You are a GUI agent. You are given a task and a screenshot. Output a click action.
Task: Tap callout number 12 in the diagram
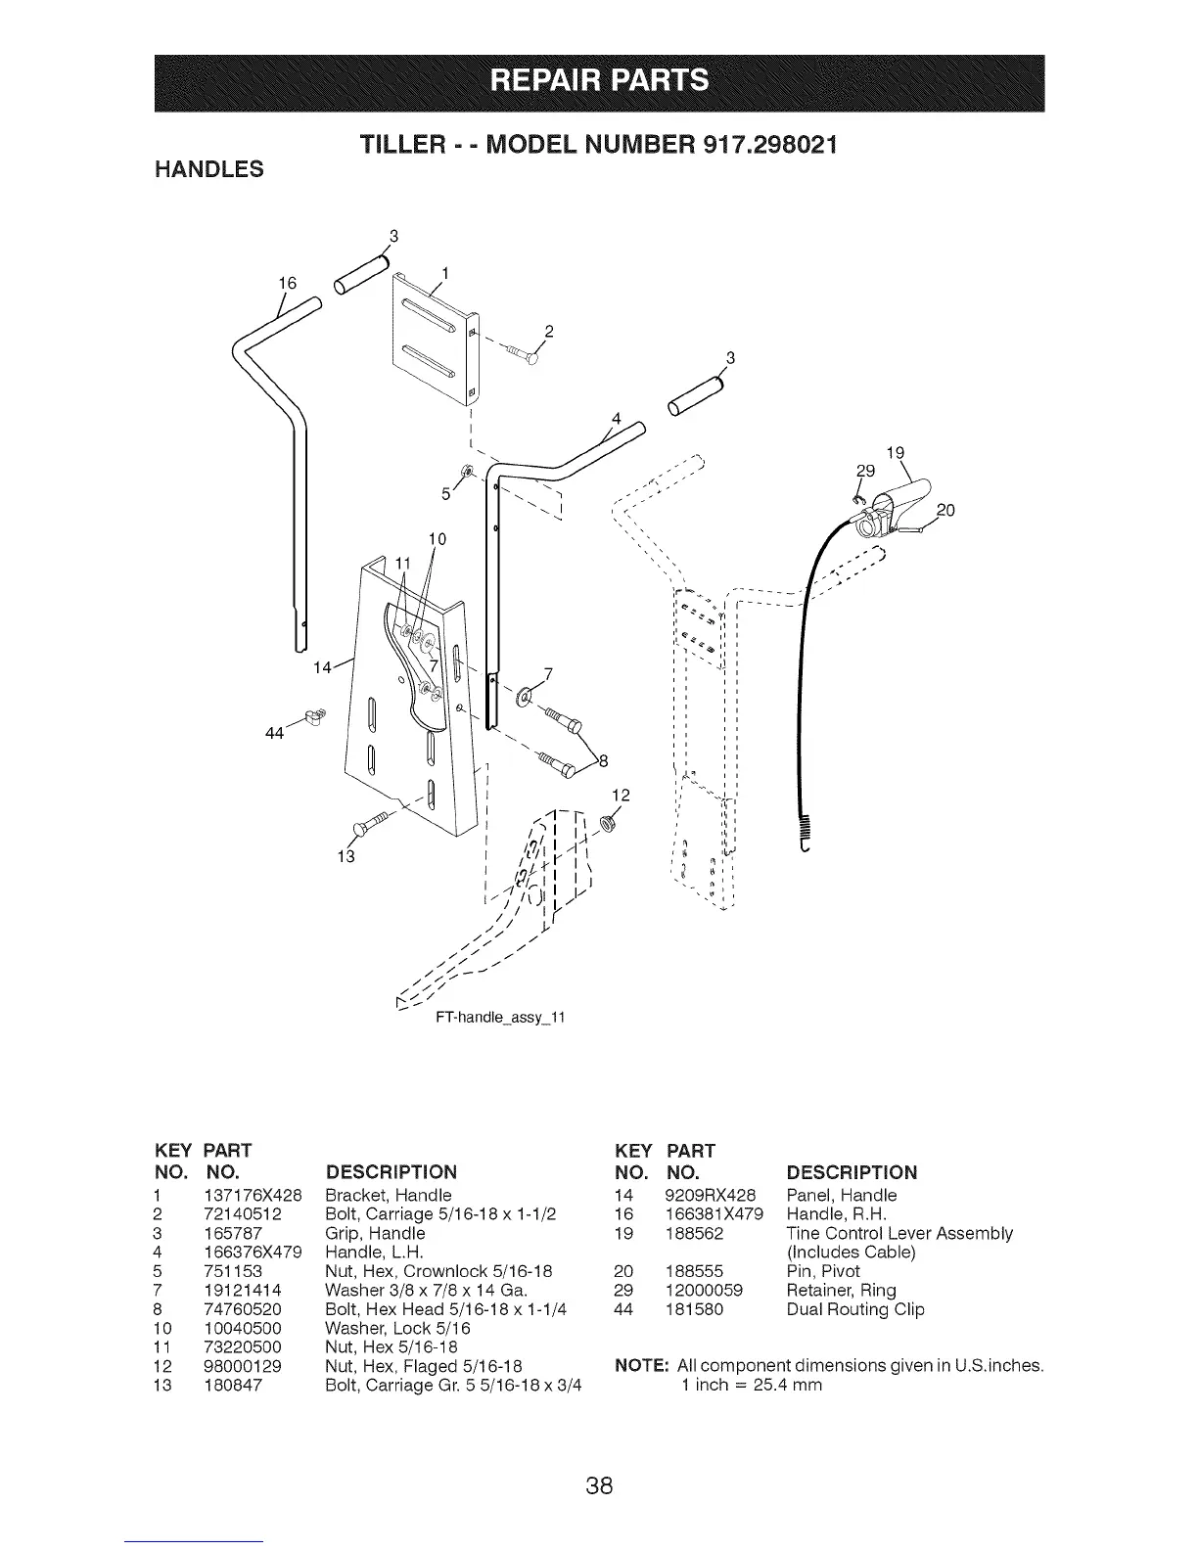tap(618, 795)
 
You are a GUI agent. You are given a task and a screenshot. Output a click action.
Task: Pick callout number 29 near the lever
tap(865, 471)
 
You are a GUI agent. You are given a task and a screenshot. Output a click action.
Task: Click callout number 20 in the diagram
tap(945, 510)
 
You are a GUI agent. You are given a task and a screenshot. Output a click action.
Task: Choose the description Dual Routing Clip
tap(855, 1309)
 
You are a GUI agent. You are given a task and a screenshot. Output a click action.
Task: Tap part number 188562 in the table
tap(694, 1233)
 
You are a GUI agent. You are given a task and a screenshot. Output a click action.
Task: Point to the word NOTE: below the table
tap(641, 1365)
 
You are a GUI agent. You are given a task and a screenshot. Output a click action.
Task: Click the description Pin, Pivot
tap(823, 1271)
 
